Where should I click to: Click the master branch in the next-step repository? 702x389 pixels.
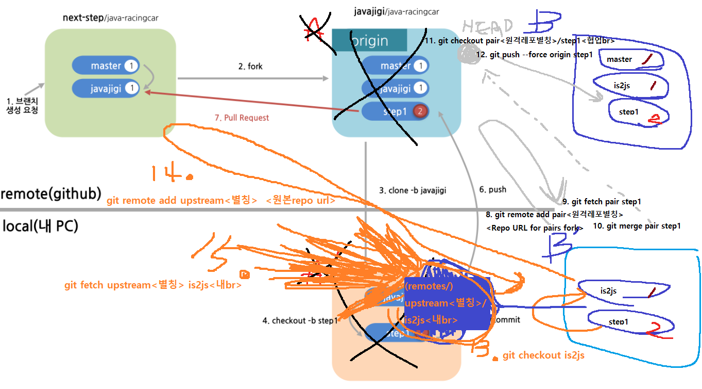(106, 66)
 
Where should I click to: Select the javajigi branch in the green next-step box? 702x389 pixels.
(106, 88)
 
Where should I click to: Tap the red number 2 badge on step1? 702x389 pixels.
(420, 111)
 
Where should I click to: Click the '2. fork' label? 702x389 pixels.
(250, 66)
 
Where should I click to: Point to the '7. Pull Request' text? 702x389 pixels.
(242, 118)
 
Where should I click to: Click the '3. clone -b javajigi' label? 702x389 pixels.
(413, 190)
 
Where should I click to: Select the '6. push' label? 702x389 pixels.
(492, 189)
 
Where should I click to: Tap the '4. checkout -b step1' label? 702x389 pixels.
(300, 320)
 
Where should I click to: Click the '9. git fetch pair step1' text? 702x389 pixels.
(602, 202)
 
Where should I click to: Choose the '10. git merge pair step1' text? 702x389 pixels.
(637, 225)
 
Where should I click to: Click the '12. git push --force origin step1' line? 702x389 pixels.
(534, 55)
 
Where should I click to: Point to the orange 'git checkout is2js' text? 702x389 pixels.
(543, 355)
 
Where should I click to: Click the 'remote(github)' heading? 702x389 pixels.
(50, 194)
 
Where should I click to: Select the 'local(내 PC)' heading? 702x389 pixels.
(40, 225)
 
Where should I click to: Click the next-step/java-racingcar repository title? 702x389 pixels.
(110, 18)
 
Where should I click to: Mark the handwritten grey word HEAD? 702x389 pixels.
(488, 26)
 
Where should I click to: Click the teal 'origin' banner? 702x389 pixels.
(369, 41)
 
